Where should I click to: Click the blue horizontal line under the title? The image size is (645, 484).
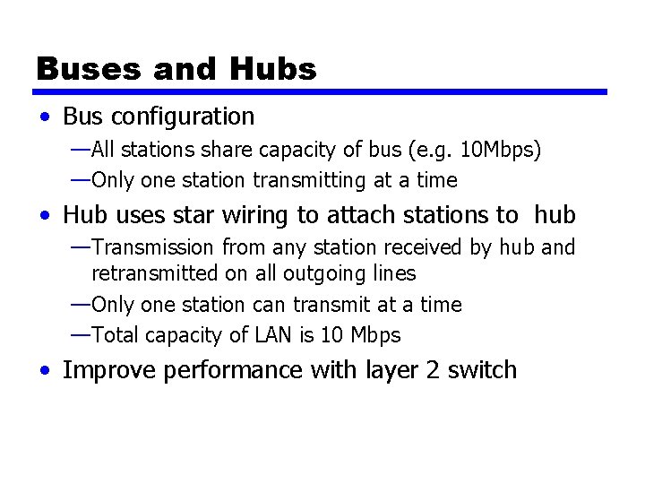321,91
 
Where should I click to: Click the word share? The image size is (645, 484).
236,150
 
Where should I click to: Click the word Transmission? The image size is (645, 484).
153,246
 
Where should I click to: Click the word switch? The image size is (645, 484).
482,369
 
